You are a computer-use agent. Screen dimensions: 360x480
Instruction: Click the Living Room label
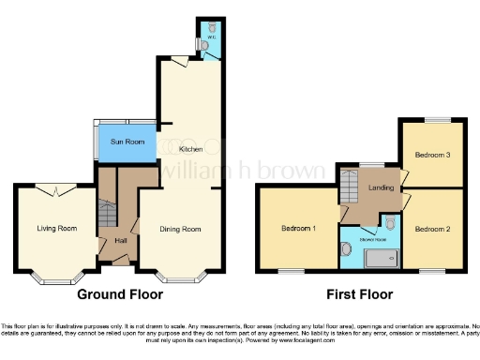coord(56,228)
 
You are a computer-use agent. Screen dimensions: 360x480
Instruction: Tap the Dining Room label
coord(178,229)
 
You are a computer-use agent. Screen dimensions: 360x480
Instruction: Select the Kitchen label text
coord(191,149)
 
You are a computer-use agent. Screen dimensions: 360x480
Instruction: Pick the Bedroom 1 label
coord(299,228)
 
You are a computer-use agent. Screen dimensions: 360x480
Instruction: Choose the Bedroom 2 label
coord(433,229)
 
